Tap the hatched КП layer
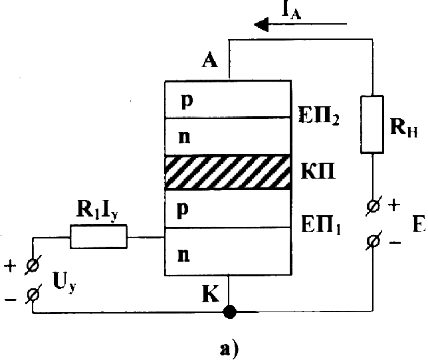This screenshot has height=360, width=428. point(229,173)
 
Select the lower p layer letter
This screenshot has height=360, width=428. point(186,207)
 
